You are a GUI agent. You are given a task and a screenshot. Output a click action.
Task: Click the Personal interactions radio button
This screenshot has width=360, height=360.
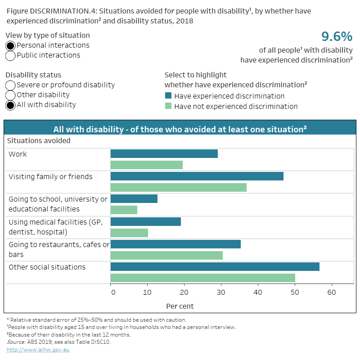11,45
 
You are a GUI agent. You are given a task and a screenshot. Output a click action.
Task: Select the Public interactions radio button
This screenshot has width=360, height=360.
11,55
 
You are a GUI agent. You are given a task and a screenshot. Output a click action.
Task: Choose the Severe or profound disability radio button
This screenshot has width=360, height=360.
11,85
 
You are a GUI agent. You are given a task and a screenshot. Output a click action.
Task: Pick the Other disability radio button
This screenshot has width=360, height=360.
11,95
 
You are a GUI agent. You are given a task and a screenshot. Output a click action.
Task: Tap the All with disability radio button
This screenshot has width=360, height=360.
11,105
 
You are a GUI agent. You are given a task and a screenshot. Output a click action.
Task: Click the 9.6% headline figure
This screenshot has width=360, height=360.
336,36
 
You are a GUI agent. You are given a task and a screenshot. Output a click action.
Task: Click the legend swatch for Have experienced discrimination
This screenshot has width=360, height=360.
168,96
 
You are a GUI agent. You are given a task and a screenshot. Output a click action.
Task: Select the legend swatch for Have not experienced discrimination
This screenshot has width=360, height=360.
168,107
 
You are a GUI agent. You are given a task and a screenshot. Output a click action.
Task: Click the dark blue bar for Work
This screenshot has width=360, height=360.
164,154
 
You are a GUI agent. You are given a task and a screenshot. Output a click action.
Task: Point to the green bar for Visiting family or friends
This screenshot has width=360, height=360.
178,187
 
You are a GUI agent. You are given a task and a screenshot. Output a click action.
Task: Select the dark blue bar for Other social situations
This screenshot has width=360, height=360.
215,267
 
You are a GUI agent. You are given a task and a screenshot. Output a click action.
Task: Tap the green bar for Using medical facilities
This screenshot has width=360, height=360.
129,233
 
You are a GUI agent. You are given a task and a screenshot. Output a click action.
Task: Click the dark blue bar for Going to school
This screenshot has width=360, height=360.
134,198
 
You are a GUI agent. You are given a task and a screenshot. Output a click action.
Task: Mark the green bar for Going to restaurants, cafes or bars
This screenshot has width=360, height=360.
166,255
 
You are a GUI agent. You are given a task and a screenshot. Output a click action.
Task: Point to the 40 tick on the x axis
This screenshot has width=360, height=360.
258,292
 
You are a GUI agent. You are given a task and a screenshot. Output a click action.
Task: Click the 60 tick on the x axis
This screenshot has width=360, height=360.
332,292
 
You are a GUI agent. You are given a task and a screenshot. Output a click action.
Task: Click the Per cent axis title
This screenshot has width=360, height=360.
180,306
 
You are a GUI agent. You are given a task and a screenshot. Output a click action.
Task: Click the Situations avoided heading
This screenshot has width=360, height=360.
39,141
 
